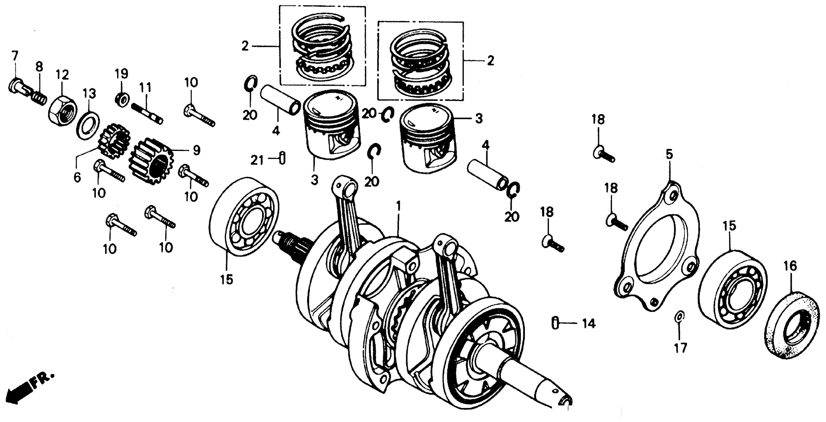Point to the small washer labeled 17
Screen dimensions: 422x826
pos(679,316)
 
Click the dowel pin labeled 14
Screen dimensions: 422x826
pos(555,323)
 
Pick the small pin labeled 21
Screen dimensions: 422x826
pos(282,158)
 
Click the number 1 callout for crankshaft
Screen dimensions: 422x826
pos(398,206)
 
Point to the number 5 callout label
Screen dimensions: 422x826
pos(669,155)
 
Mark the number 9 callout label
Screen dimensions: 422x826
pos(196,150)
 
